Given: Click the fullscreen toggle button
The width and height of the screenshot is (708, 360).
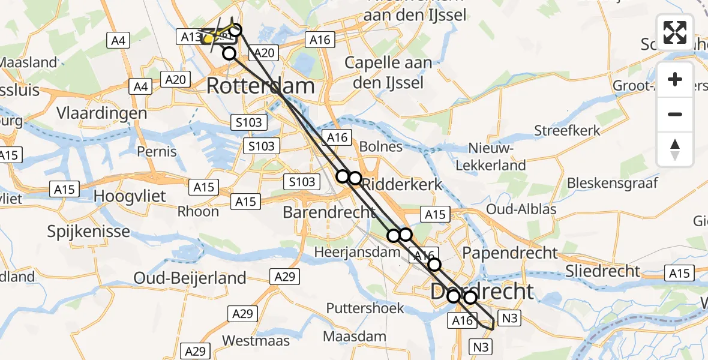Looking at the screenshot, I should pos(675,32).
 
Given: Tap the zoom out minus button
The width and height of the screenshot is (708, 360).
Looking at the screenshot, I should pos(675,114).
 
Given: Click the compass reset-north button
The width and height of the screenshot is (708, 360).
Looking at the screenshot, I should pos(675,149).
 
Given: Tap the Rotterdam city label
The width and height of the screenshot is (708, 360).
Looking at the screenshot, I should pos(260,86).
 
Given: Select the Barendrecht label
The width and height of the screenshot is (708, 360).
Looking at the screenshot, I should pos(329,212).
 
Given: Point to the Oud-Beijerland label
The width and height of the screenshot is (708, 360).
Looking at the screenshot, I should pos(190,278).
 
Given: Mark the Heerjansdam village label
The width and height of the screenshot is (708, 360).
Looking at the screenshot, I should pos(357,253).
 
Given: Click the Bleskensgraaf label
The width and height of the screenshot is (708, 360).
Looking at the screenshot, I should pos(613,182).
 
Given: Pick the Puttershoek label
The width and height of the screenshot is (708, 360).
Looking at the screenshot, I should pos(365,308).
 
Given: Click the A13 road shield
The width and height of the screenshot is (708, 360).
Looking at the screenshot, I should pos(191,37).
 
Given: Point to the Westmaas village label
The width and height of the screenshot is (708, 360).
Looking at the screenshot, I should pos(256,341).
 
